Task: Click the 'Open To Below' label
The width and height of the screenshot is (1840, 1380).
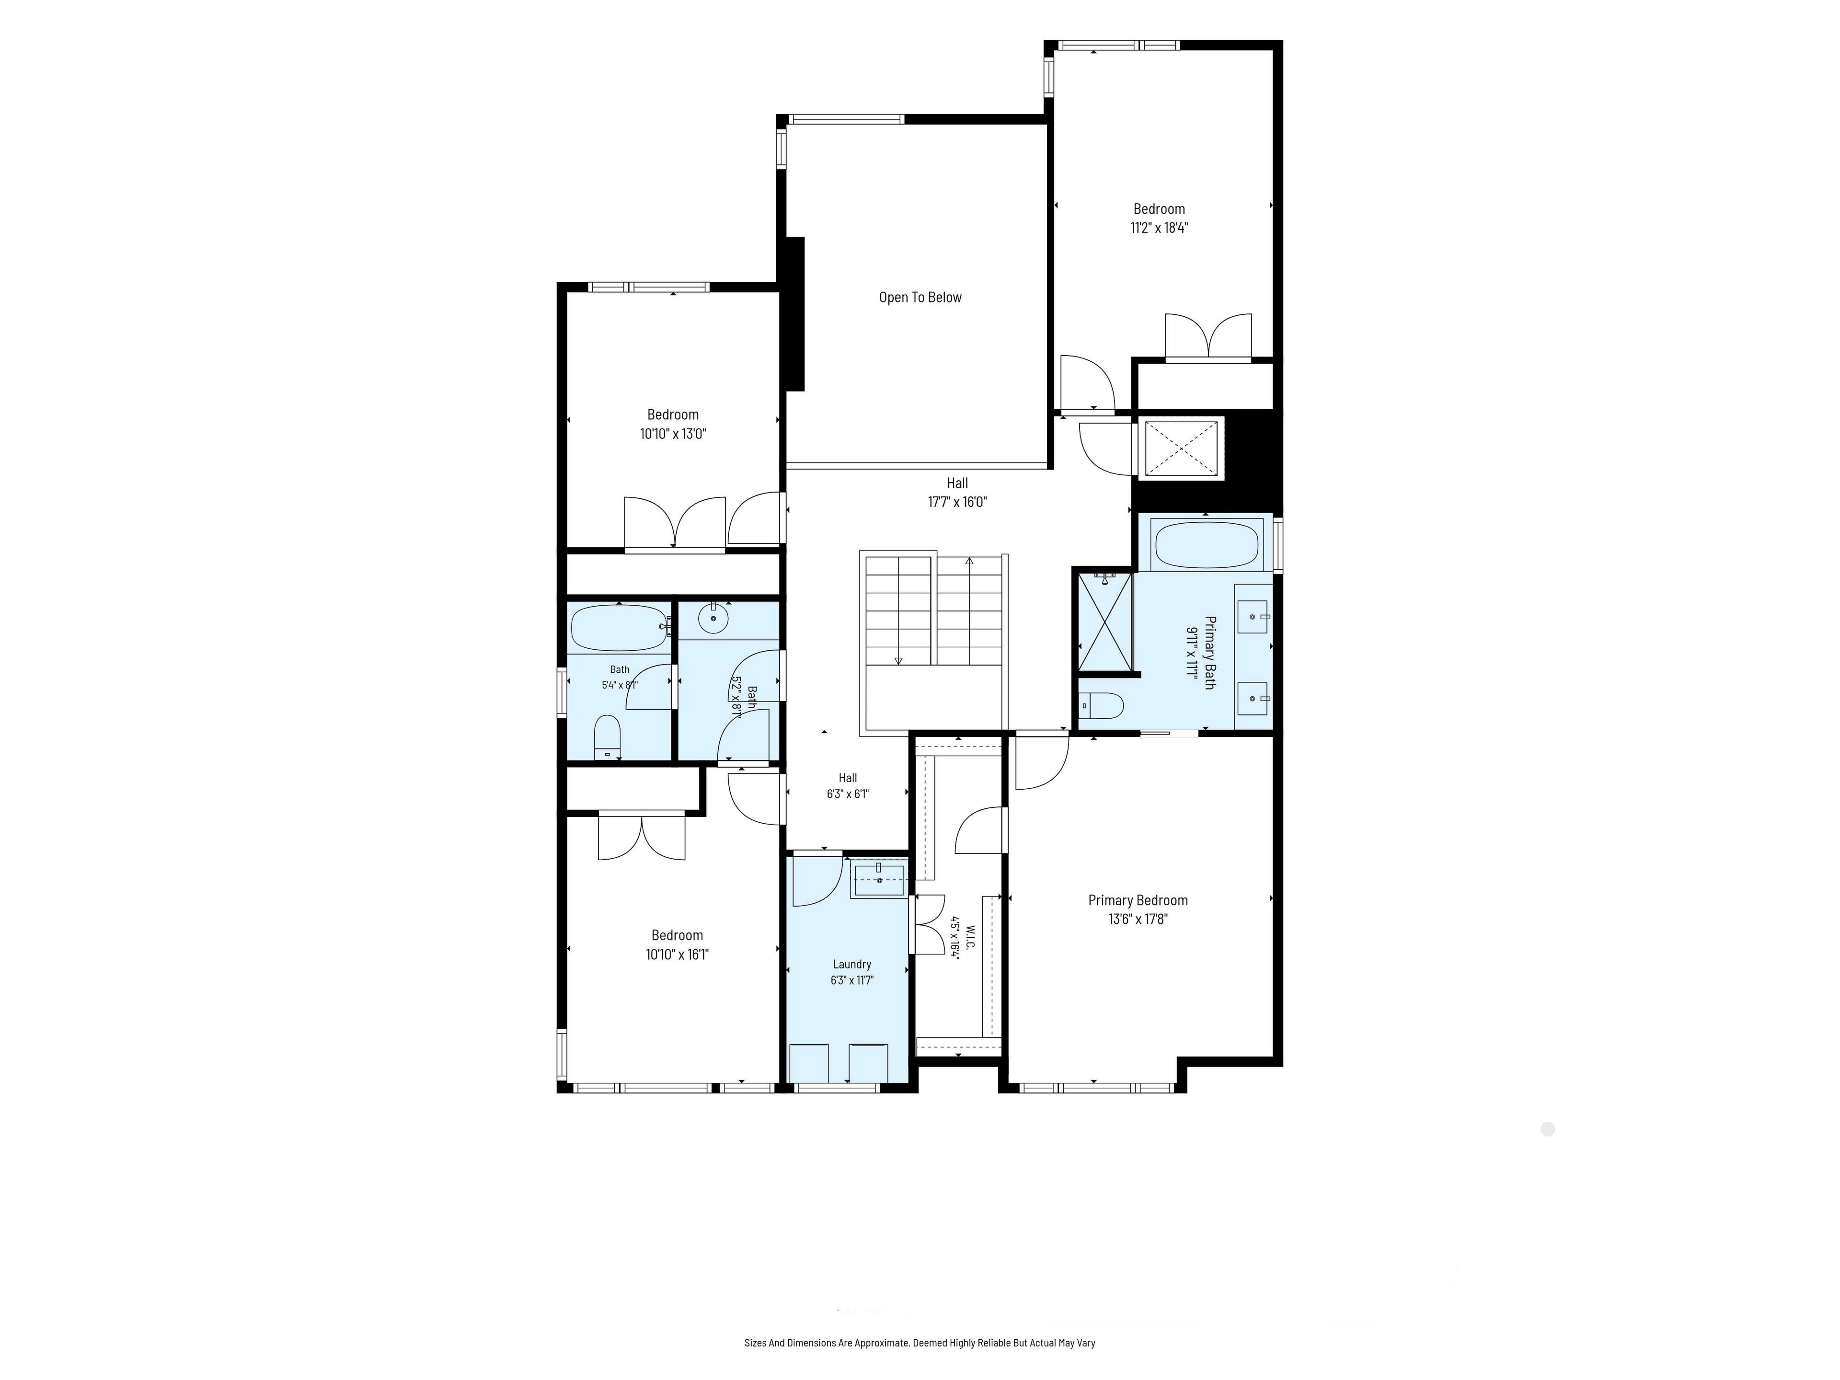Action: [x=920, y=298]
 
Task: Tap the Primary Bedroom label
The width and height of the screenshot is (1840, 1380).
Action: [x=1138, y=900]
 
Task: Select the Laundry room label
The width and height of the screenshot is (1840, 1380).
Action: [x=852, y=964]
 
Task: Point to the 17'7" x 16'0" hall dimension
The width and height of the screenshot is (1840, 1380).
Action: [x=957, y=502]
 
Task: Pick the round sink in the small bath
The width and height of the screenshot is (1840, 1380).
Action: [x=713, y=618]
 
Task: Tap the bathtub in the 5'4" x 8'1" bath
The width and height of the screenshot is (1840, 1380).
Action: [x=619, y=628]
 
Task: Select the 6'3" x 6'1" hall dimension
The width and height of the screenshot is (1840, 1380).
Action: [x=848, y=793]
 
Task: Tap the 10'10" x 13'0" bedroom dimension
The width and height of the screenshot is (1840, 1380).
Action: [x=673, y=433]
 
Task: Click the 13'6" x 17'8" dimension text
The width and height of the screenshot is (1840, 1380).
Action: [x=1138, y=919]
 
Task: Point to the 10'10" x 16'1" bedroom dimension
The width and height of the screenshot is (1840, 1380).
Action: [x=677, y=954]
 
